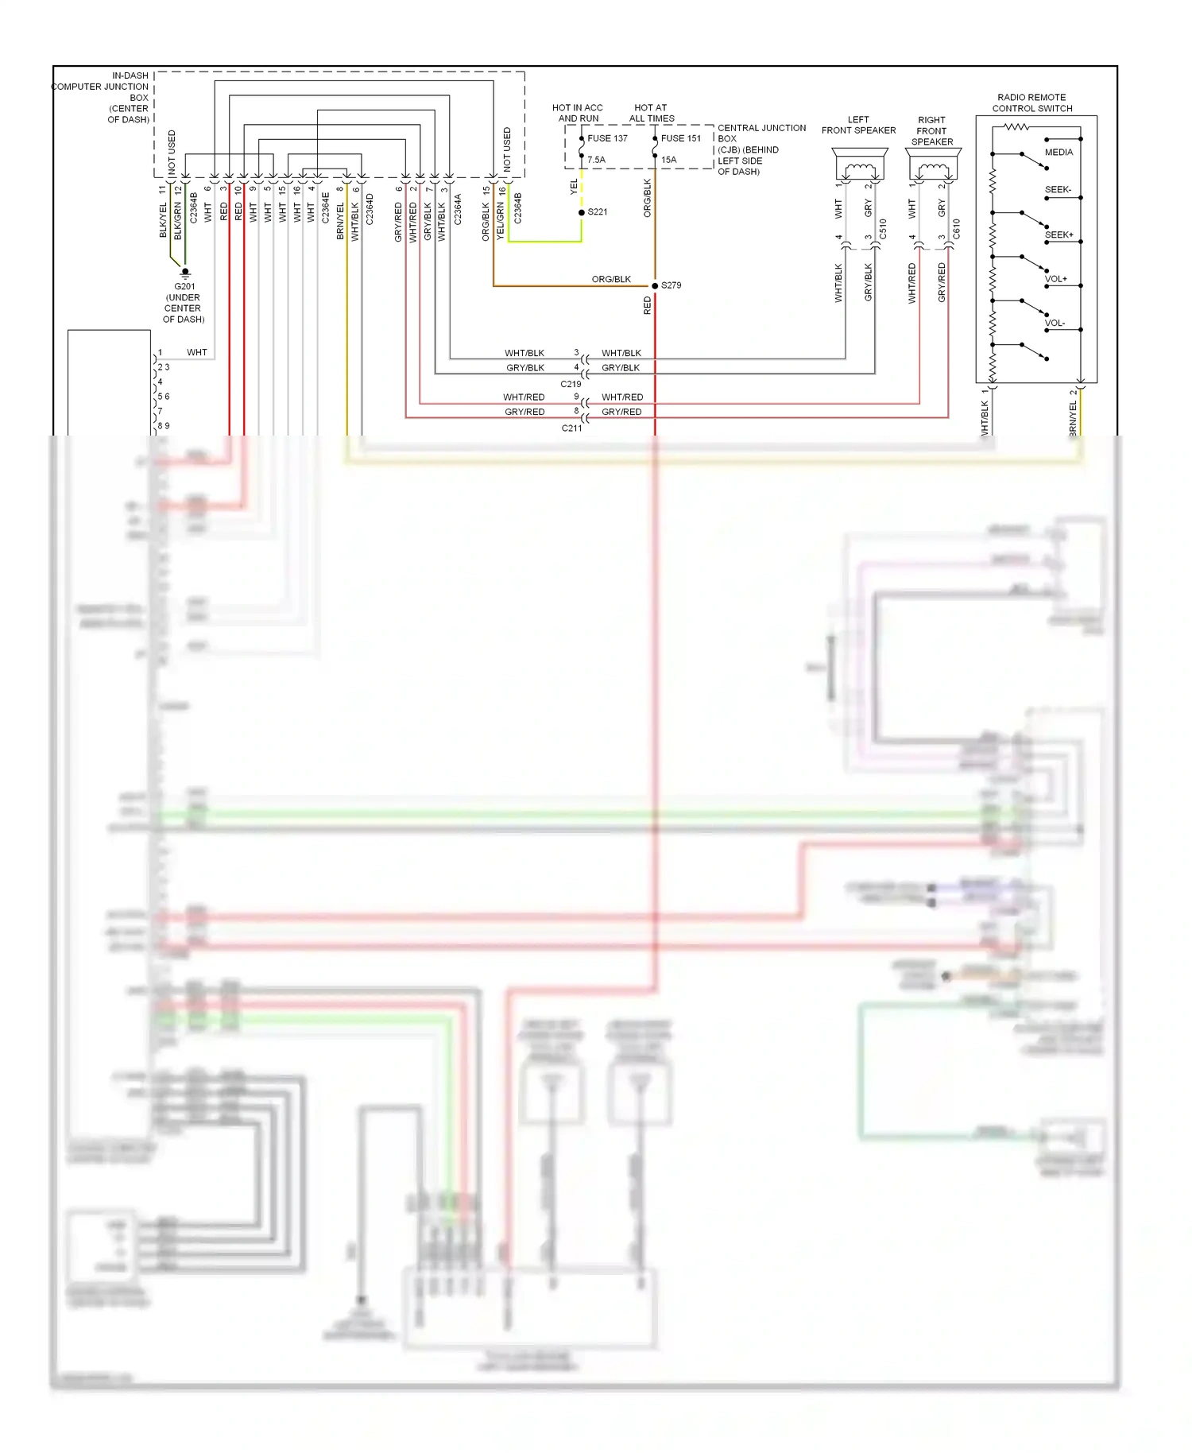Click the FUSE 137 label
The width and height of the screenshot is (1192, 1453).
click(x=607, y=138)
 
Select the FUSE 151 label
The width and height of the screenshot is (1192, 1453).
click(x=681, y=138)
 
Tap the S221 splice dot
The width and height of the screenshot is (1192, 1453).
click(x=582, y=212)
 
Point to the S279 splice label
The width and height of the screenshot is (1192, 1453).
click(x=671, y=285)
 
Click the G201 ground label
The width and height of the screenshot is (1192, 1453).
click(x=184, y=286)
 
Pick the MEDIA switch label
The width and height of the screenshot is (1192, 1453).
click(x=1058, y=153)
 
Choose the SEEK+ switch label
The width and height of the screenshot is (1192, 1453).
click(x=1058, y=235)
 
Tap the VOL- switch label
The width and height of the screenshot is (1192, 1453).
click(x=1055, y=324)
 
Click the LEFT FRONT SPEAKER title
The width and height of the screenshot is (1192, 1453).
click(x=858, y=125)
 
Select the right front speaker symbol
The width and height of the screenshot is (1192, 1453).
click(x=933, y=165)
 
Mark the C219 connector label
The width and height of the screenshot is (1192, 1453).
click(x=571, y=384)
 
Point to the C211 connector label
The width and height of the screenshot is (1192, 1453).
click(x=571, y=428)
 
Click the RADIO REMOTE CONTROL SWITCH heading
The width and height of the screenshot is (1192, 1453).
click(x=1031, y=103)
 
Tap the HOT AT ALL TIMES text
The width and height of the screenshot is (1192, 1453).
click(x=651, y=113)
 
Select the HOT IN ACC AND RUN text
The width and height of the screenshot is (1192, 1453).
click(x=578, y=113)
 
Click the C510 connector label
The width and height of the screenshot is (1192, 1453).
click(x=883, y=229)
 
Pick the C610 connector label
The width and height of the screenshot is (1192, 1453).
click(x=956, y=229)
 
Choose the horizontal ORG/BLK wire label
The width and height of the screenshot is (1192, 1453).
click(x=611, y=279)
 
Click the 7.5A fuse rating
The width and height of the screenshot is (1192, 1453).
click(x=596, y=160)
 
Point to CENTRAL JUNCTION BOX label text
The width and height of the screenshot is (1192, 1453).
click(x=761, y=149)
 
